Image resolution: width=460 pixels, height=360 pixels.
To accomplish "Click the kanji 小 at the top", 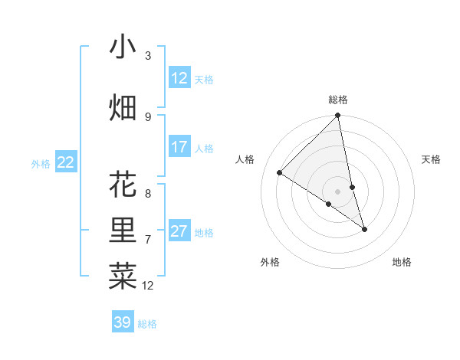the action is (x=123, y=47).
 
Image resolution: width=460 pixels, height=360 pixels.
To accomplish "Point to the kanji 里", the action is (x=123, y=231).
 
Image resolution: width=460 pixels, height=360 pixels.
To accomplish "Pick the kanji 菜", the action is (x=123, y=277).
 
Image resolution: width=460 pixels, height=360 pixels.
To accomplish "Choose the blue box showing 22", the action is (x=66, y=162).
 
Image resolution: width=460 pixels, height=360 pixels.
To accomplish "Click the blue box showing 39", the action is (x=123, y=322).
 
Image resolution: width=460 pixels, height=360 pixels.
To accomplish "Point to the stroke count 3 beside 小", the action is (x=148, y=56).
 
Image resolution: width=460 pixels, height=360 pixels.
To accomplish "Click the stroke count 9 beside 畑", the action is (x=148, y=117).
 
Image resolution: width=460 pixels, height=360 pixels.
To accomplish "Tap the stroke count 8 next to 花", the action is (x=148, y=194).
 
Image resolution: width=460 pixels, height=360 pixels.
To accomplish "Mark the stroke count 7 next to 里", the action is (x=148, y=240).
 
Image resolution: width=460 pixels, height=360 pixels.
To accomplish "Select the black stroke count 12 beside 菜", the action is (x=149, y=286).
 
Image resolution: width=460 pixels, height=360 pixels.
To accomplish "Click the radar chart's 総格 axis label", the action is (x=338, y=100).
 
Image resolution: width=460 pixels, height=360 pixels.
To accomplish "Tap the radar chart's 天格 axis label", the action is (x=431, y=159).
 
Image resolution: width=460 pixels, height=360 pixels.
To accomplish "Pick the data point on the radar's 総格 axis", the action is (x=338, y=116).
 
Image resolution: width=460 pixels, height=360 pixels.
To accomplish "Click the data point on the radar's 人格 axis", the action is (x=280, y=173).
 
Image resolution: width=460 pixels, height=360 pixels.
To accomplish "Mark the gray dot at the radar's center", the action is (x=338, y=191).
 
